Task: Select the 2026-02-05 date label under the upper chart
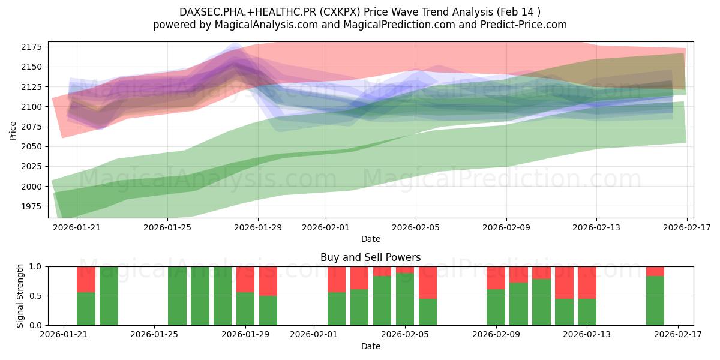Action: click(416, 228)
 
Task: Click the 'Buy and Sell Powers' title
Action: click(370, 257)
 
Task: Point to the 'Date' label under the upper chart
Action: click(370, 239)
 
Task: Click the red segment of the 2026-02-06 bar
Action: click(428, 282)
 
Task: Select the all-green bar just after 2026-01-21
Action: click(109, 296)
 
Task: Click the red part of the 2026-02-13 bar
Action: click(587, 282)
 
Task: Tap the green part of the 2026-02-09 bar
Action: click(496, 307)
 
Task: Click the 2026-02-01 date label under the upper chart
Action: click(326, 228)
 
